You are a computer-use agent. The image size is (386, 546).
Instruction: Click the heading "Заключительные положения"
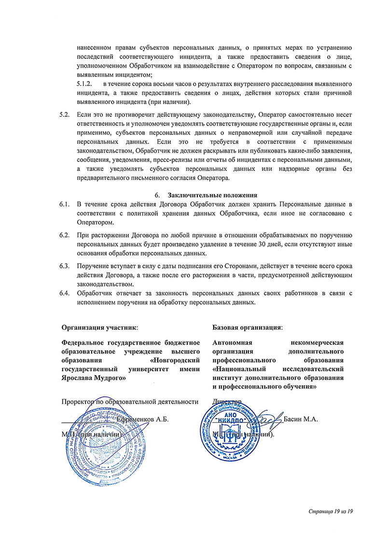pyautogui.click(x=212, y=195)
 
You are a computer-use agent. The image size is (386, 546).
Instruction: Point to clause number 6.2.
pyautogui.click(x=64, y=235)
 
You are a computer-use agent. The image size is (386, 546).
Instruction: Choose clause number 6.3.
pyautogui.click(x=64, y=266)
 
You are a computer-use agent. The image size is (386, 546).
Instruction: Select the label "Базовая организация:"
pyautogui.click(x=248, y=327)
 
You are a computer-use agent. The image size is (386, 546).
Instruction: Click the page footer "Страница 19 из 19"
pyautogui.click(x=332, y=511)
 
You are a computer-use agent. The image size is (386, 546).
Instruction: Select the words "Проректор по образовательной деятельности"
pyautogui.click(x=130, y=401)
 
